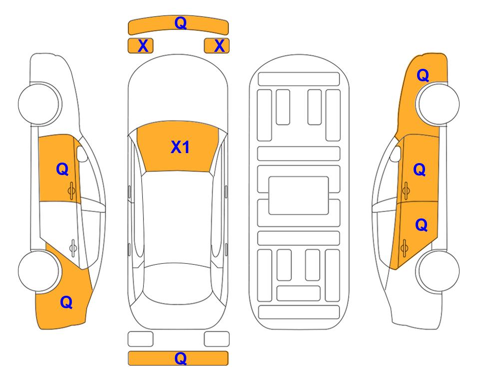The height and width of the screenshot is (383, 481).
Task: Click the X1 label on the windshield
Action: tap(180, 147)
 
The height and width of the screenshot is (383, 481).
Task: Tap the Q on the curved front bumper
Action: tap(180, 22)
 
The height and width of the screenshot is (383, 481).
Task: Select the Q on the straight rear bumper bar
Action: tap(180, 358)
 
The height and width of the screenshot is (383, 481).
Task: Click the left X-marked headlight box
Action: tap(140, 46)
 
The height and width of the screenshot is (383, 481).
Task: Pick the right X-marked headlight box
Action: tap(217, 46)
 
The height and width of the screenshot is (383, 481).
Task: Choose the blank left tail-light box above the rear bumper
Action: tap(140, 339)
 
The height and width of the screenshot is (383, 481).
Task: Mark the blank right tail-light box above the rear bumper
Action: tap(217, 339)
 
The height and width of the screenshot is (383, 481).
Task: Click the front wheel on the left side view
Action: tap(39, 104)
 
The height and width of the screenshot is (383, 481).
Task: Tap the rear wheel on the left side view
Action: tap(39, 271)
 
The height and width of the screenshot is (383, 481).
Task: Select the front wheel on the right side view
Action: tap(439, 104)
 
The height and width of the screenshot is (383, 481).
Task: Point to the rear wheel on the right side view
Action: tap(439, 271)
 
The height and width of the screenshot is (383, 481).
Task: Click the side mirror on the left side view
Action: tap(82, 154)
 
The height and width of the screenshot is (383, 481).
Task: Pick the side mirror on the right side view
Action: tap(396, 154)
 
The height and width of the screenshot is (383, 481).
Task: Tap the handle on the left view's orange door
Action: tap(71, 191)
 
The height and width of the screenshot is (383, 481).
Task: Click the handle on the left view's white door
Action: tap(73, 247)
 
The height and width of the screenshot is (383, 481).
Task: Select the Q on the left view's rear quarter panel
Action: tap(66, 302)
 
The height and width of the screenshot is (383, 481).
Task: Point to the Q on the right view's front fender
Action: tap(423, 75)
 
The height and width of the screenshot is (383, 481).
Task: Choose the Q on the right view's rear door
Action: tap(422, 225)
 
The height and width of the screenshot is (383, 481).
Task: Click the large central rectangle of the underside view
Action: tap(299, 195)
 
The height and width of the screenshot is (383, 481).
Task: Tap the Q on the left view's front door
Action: tap(62, 169)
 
